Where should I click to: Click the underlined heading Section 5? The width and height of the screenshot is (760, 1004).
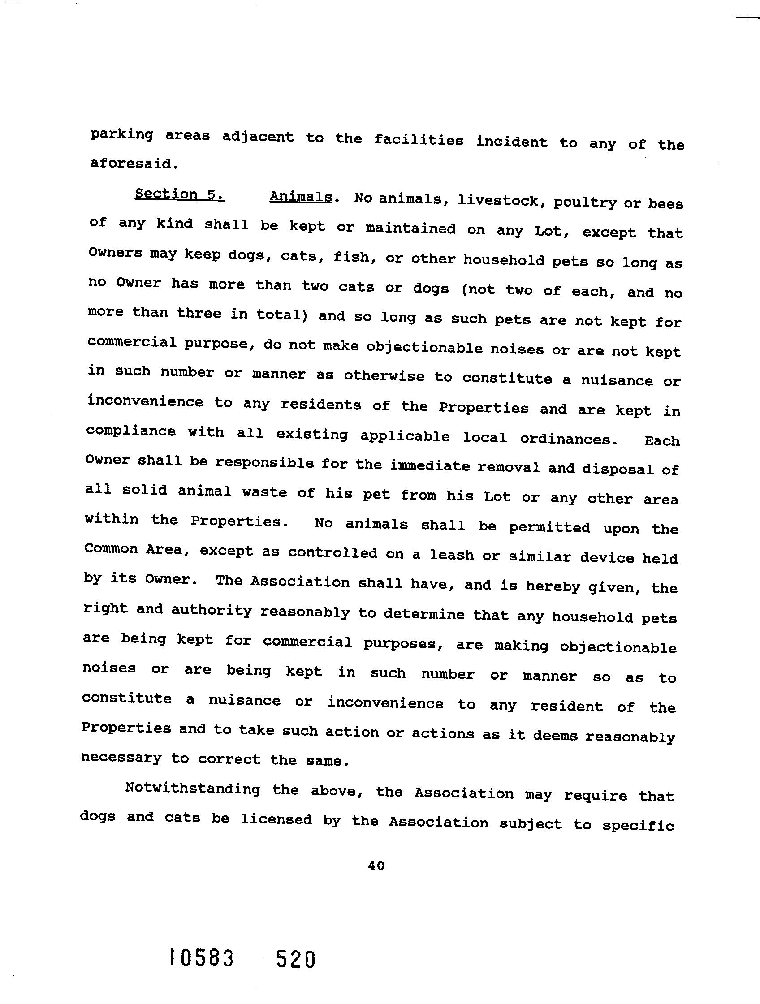coord(179,194)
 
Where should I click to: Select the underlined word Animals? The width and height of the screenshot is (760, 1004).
coord(301,197)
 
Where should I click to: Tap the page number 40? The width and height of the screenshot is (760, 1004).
coord(376,866)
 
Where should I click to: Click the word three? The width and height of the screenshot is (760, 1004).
coord(199,313)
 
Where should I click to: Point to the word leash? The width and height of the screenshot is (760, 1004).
coord(451,555)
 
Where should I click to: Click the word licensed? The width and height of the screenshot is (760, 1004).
coord(276,819)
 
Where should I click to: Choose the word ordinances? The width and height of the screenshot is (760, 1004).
coord(568,439)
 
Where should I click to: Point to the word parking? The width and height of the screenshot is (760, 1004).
coord(121,135)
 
